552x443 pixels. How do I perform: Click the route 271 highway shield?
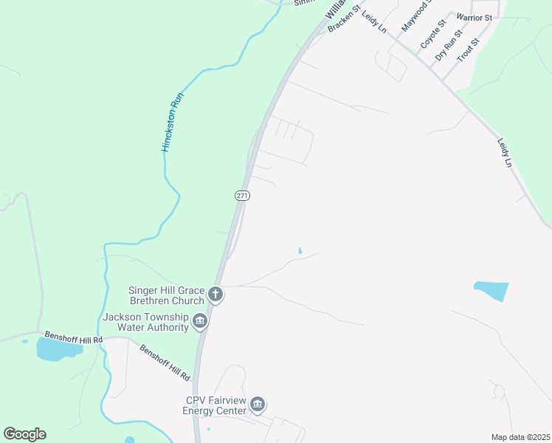point(244,196)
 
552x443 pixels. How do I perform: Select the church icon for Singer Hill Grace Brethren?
point(215,295)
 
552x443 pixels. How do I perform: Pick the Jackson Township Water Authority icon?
point(200,321)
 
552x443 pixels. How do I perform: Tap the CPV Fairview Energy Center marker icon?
point(258,405)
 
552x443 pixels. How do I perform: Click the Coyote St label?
point(433,35)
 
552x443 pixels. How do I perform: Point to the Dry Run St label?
point(449,45)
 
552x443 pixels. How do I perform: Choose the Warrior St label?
point(474,16)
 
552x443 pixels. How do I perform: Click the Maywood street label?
point(415,16)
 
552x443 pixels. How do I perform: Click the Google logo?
point(24,434)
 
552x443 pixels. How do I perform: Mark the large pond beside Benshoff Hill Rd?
point(56,349)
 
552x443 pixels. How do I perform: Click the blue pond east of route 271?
point(491,291)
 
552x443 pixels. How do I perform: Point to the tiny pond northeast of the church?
point(300,251)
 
